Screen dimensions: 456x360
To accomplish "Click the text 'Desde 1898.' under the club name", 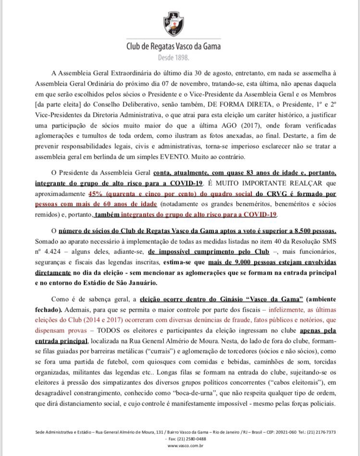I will [174, 57].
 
